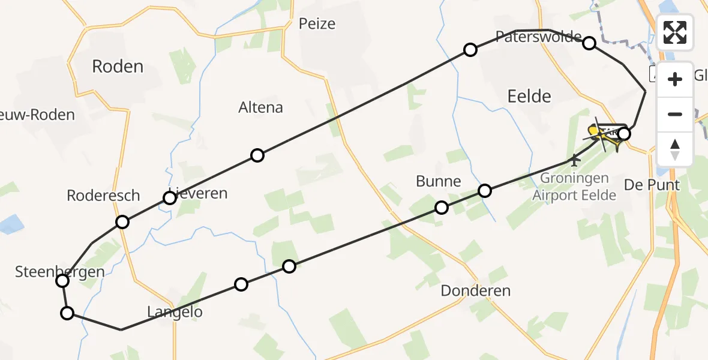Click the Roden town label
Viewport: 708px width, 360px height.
[x=118, y=66]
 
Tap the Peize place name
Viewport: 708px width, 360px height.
[x=317, y=24]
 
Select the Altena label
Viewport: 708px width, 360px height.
[x=260, y=108]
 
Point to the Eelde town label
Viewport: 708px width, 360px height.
[x=529, y=96]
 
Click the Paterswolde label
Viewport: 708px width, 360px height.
[x=539, y=35]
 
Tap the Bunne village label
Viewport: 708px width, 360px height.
[x=439, y=181]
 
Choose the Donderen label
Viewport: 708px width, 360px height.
[x=475, y=291]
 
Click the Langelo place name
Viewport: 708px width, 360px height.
[x=175, y=312]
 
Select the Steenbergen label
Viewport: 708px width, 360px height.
[x=60, y=272]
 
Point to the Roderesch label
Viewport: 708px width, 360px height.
[x=103, y=196]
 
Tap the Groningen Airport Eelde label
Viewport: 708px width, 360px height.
[x=574, y=187]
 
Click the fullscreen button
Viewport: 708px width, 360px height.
[x=675, y=32]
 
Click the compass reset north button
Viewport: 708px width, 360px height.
[x=675, y=148]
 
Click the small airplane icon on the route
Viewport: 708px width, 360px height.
[x=575, y=160]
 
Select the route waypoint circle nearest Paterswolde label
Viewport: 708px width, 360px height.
[x=589, y=43]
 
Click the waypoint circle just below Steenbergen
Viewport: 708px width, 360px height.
[x=67, y=313]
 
